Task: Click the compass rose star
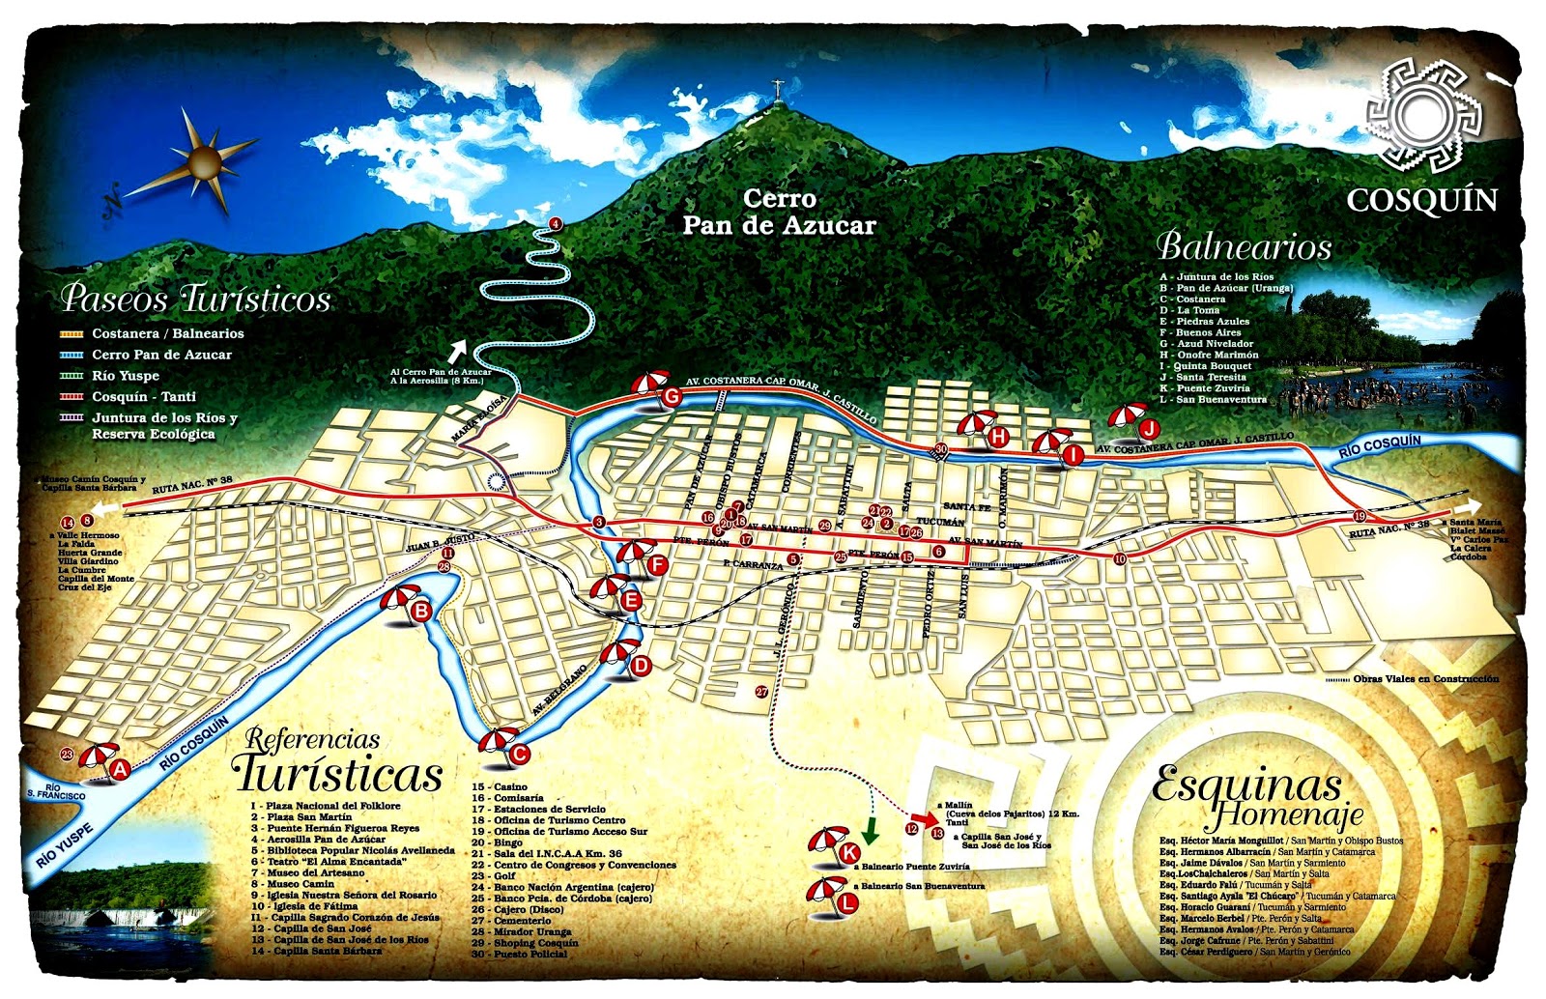coord(205,159)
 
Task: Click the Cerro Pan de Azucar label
coord(779,213)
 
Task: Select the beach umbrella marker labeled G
coord(653,388)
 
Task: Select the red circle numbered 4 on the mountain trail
coord(555,224)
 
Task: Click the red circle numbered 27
coord(761,692)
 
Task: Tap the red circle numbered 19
coord(1360,516)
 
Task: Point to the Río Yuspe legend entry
coord(125,376)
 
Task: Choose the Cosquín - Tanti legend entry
coord(143,397)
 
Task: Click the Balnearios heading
coord(1244,247)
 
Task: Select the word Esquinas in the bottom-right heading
coord(1246,785)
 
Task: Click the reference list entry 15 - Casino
coord(500,787)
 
